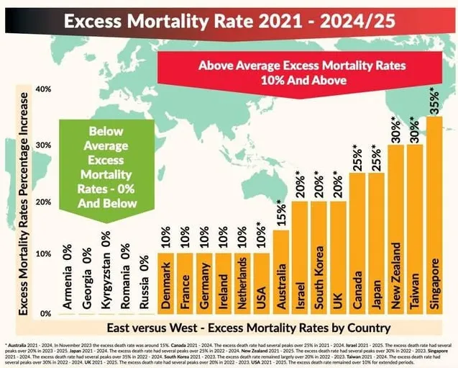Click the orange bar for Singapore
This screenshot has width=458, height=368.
[434, 216]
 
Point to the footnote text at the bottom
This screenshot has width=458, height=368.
[229, 351]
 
